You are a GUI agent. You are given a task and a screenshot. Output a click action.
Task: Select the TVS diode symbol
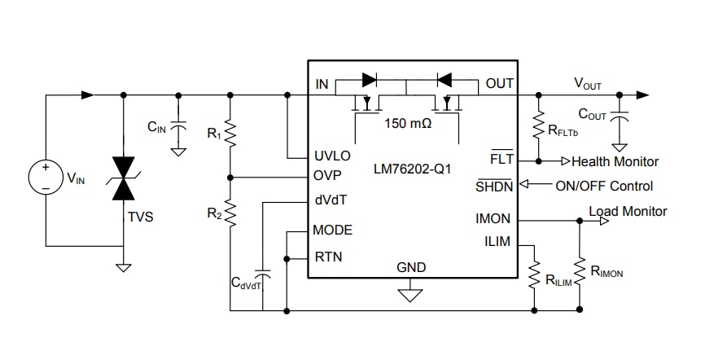(124, 178)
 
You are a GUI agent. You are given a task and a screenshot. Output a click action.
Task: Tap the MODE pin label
(332, 230)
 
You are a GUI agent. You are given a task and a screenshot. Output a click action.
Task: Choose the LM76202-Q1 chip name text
(412, 169)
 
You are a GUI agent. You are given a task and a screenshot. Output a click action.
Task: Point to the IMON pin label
(493, 219)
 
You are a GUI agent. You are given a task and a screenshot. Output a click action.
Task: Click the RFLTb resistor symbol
(538, 126)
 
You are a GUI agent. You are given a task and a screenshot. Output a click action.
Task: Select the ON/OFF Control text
(604, 185)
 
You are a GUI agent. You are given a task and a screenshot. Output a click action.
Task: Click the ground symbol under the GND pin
(411, 293)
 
